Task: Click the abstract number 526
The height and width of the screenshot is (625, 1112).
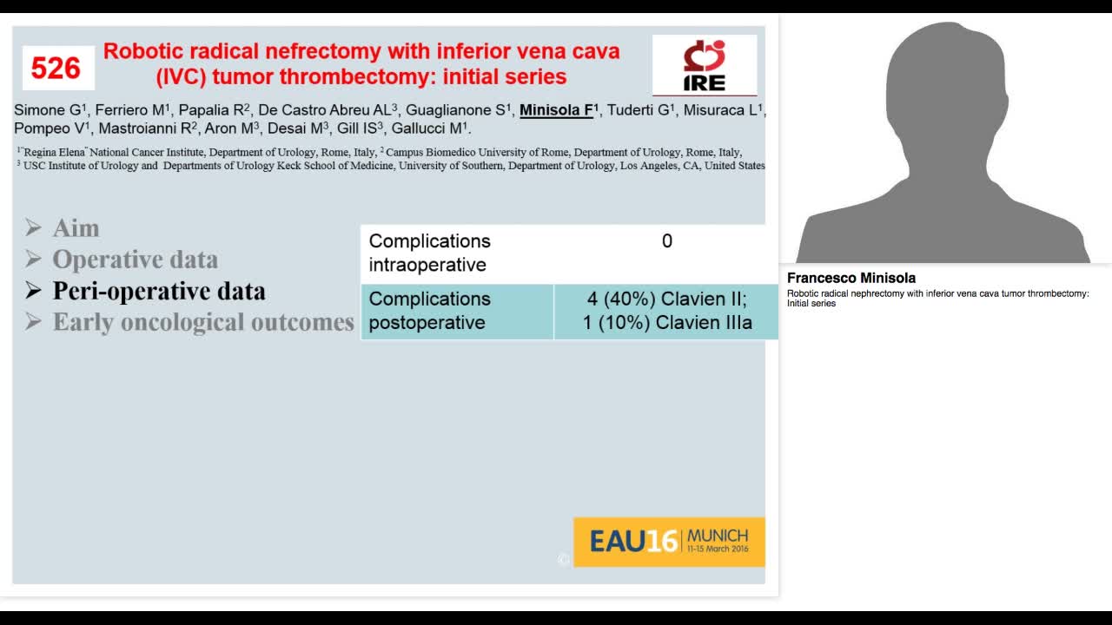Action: pos(56,68)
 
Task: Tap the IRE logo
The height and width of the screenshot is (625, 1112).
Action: pos(704,65)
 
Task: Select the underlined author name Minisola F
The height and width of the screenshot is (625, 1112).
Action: pos(556,110)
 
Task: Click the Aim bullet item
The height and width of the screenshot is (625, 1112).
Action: pos(76,228)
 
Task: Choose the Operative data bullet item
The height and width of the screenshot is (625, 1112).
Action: pos(135,260)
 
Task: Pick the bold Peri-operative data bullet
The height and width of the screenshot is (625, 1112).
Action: pos(158,291)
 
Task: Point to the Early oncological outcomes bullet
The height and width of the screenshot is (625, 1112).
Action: pos(203,322)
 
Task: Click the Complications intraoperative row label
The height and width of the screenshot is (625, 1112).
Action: pos(429,253)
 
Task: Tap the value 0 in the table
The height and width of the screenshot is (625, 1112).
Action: pos(666,241)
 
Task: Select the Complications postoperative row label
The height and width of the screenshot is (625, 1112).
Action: pos(429,311)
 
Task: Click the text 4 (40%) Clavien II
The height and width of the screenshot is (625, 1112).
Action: pos(666,299)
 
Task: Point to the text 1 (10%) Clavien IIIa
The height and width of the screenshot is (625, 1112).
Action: pos(666,323)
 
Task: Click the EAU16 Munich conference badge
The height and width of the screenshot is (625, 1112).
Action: pos(668,542)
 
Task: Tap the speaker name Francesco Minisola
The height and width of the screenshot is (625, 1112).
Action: pos(851,279)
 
